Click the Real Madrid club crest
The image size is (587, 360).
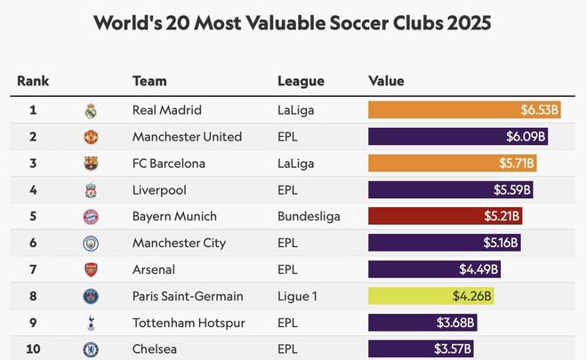click(90, 111)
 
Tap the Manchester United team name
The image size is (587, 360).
click(187, 137)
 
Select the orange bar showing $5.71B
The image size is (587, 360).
click(452, 164)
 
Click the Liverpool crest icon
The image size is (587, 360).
click(90, 190)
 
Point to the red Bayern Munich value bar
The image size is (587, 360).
click(445, 216)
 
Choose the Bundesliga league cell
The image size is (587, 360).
click(309, 216)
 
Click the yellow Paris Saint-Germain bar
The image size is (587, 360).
click(430, 296)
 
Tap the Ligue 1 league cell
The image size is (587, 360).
click(298, 296)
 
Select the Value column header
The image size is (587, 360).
click(386, 81)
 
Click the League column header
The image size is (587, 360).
click(300, 81)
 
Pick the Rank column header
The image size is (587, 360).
click(33, 81)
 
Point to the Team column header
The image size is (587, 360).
click(149, 81)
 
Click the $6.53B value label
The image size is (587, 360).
click(539, 110)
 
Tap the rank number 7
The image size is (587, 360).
click(33, 269)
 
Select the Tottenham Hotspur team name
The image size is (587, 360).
click(189, 323)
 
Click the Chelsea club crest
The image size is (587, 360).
click(90, 349)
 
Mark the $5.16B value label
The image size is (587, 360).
click(500, 243)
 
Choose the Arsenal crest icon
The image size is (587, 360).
click(90, 269)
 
